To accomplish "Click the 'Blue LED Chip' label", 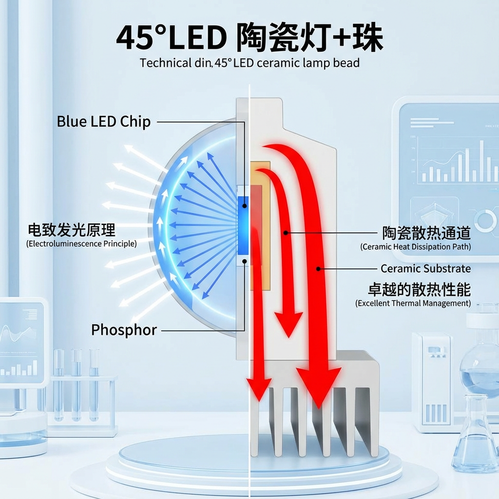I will pos(103,121).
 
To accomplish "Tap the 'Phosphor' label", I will pos(124,330).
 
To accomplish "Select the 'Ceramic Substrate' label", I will pos(425,269).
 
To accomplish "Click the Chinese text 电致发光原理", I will pos(72,230).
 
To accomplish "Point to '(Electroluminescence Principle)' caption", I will pos(81,243).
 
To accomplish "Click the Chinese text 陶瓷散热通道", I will pos(426,233).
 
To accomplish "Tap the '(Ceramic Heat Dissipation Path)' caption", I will pos(416,247).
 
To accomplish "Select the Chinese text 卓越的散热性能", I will pos(419,289).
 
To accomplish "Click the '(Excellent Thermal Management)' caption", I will pos(413,303).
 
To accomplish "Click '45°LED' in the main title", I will pos(171,38).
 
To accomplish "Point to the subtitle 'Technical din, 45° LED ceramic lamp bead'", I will pos(249,63).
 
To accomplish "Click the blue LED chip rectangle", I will pos(243,225).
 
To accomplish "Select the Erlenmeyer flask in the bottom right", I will pos(475,439).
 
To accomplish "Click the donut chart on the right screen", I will pos(485,221).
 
